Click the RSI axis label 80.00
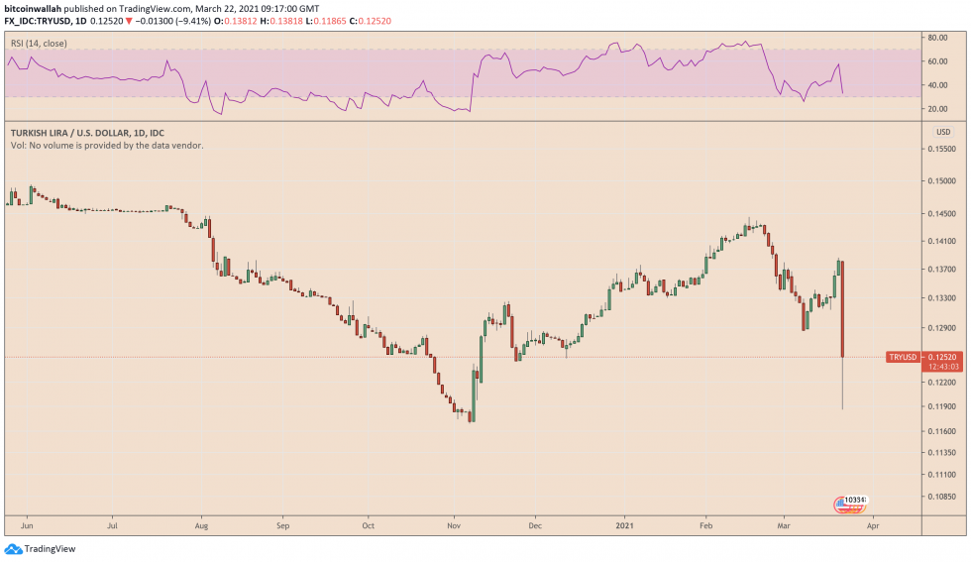coord(934,38)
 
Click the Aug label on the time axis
coord(201,527)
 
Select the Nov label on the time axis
coord(453,527)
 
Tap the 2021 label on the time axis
coord(625,527)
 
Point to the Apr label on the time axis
coord(872,527)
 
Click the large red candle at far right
coord(841,307)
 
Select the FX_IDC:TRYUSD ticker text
coord(37,20)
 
